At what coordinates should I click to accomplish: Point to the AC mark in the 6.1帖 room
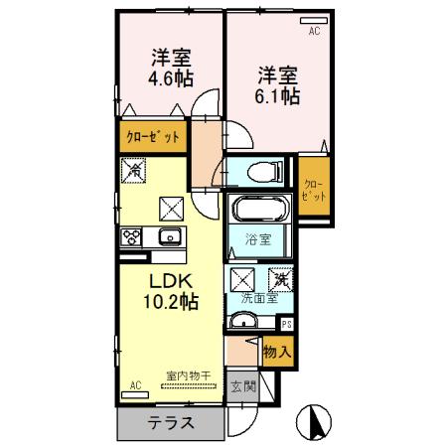[314, 32]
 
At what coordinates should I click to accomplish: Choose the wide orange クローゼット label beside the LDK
[152, 137]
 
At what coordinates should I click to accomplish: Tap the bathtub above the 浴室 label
[262, 211]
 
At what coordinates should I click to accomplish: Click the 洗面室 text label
[258, 298]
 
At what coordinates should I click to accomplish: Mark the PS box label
[287, 324]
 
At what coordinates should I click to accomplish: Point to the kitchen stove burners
[131, 237]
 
